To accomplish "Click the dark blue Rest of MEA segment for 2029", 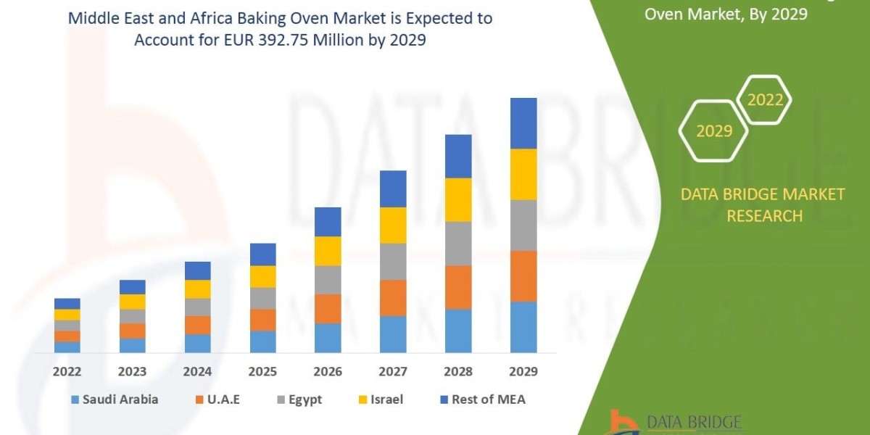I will pyautogui.click(x=523, y=123).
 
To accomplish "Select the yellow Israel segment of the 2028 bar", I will pyautogui.click(x=458, y=199).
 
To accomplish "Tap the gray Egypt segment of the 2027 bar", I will pyautogui.click(x=393, y=261).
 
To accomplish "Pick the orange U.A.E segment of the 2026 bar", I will pyautogui.click(x=328, y=308).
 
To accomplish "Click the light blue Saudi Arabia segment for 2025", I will pyautogui.click(x=262, y=341).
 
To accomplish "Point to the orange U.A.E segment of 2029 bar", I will pyautogui.click(x=523, y=275).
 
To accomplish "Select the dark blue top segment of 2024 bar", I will pyautogui.click(x=197, y=270).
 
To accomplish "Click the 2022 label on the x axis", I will pyautogui.click(x=67, y=371).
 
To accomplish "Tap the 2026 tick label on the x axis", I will pyautogui.click(x=328, y=371).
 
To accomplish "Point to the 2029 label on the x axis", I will pyautogui.click(x=523, y=371).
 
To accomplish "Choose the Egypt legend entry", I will pyautogui.click(x=304, y=399).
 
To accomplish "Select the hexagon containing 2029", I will pyautogui.click(x=713, y=131).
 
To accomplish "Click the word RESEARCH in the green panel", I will pyautogui.click(x=764, y=215).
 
